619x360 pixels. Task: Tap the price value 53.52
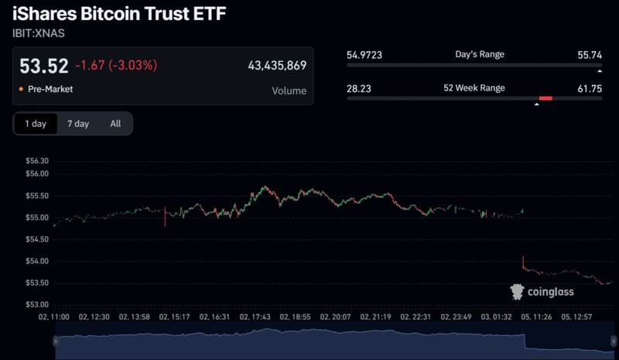43,66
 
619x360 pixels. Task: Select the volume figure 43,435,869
277,66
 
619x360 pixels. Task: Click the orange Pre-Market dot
20,90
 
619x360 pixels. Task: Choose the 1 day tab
36,124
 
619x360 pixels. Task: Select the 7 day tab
78,124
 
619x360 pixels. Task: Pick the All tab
115,124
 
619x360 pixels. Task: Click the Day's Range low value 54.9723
364,55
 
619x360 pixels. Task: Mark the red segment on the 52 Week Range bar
545,98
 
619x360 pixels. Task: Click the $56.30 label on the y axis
38,161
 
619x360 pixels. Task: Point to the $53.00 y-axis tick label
38,304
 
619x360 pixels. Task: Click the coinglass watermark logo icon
517,292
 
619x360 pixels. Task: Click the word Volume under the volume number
289,91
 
